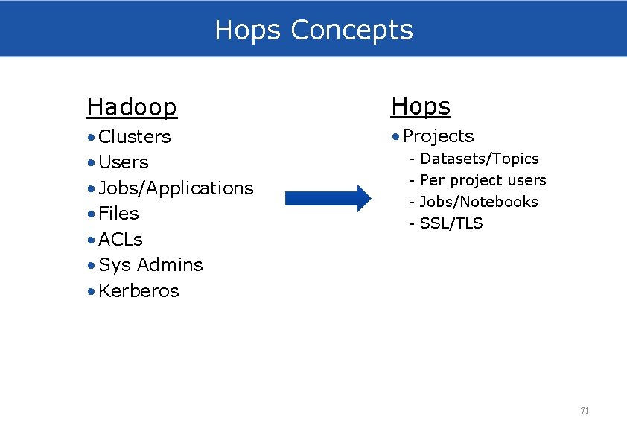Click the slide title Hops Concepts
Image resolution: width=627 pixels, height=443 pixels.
(x=313, y=30)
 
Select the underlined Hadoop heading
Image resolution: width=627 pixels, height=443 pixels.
(x=132, y=107)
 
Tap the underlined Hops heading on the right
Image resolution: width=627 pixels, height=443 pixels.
(x=421, y=106)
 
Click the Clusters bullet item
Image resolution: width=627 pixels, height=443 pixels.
(x=135, y=137)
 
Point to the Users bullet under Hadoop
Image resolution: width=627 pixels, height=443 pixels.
(x=124, y=162)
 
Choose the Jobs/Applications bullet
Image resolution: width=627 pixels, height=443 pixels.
(x=176, y=188)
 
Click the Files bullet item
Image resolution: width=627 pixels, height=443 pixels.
(x=118, y=214)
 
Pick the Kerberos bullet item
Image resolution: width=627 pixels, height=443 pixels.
(x=139, y=291)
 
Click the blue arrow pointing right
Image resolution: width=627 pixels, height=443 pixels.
(x=328, y=198)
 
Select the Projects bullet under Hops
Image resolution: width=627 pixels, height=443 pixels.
(x=438, y=136)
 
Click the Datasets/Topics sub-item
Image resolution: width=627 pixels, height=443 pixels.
(x=479, y=159)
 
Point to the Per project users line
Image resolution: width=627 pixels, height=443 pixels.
(x=483, y=180)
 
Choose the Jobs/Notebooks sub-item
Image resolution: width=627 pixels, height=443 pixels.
(x=479, y=202)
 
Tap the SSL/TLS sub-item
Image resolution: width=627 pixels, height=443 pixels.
(x=451, y=223)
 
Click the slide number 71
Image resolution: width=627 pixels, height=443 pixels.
(x=585, y=411)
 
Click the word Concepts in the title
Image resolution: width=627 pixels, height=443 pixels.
(x=351, y=30)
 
